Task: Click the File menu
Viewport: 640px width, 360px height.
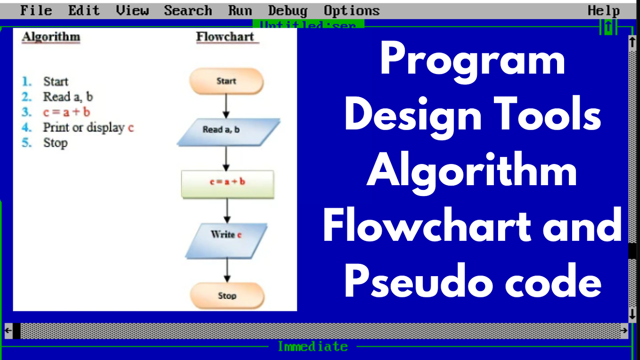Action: coord(36,10)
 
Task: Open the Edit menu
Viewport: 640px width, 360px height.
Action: coord(84,10)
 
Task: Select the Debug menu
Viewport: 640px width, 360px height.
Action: coord(287,10)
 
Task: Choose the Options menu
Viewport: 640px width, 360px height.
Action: coord(352,10)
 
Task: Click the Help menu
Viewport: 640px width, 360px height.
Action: coord(604,10)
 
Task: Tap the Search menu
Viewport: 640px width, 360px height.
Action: coord(188,10)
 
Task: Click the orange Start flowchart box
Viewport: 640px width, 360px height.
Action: coord(226,81)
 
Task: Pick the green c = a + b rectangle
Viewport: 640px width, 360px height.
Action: coord(228,183)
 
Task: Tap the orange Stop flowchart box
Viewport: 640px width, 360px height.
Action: coord(227,295)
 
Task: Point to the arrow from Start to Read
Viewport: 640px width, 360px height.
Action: coord(226,106)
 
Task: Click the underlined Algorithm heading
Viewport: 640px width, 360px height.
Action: coord(51,37)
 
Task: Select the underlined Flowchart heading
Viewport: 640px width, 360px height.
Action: coord(225,37)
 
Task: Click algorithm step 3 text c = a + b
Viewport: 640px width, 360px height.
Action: coord(66,112)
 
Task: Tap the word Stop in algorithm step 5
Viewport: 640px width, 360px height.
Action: coord(56,143)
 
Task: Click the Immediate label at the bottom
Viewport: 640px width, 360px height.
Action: coord(313,347)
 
